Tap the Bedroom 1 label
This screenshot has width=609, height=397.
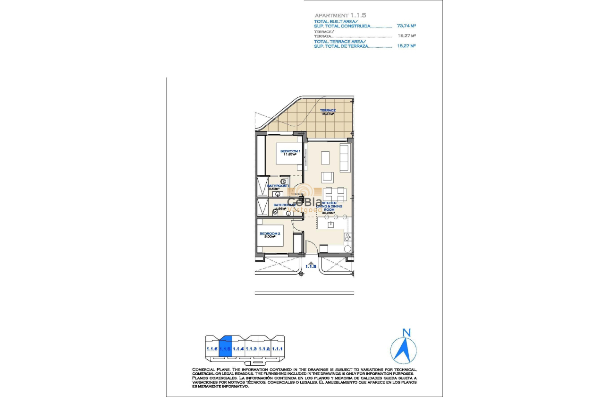(x=290, y=151)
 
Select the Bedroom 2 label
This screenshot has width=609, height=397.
(x=270, y=233)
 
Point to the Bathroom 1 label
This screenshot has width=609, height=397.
(x=278, y=186)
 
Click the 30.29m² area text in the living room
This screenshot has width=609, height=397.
(x=328, y=213)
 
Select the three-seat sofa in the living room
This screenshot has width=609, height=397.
(x=345, y=158)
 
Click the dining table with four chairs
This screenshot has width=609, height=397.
(x=335, y=194)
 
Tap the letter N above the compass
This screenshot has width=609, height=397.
(x=406, y=333)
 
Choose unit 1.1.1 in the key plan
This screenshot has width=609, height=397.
(x=278, y=348)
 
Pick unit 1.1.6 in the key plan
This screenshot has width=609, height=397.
(x=212, y=348)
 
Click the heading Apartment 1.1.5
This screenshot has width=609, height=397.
(x=340, y=15)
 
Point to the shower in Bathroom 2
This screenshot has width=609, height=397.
(x=261, y=207)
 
